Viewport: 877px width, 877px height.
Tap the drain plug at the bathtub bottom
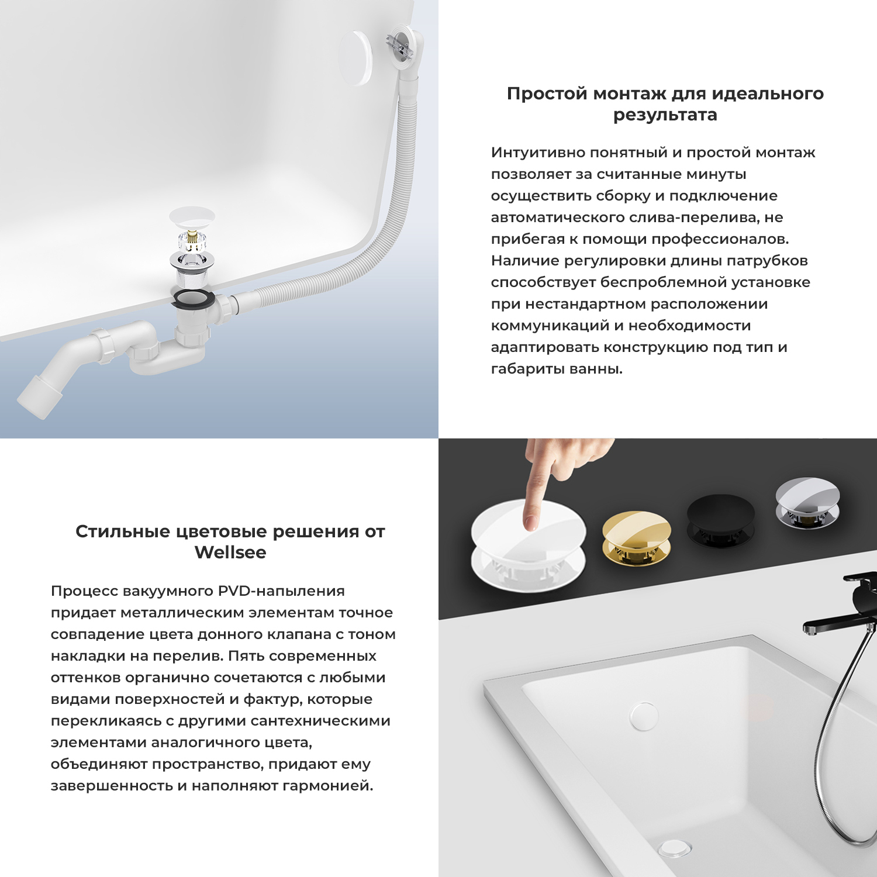[x=675, y=848]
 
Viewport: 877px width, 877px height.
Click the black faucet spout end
[x=810, y=629]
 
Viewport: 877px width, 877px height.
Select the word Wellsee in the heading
[x=230, y=552]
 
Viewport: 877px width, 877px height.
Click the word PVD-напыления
[x=281, y=591]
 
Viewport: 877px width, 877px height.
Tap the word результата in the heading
[x=665, y=115]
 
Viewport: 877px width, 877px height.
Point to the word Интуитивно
[x=538, y=153]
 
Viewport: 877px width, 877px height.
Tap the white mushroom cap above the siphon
[x=192, y=216]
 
